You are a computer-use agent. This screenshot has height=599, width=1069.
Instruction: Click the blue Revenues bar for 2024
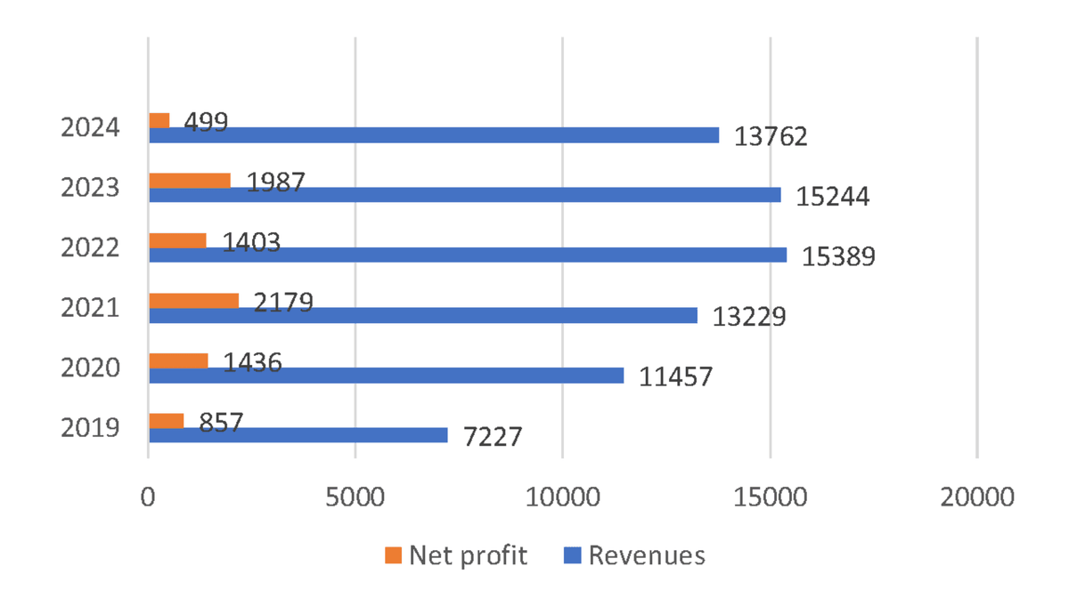[x=434, y=135]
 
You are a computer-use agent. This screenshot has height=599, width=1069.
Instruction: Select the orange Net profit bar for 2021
[x=193, y=301]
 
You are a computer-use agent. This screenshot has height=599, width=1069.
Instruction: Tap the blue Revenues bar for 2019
[x=298, y=435]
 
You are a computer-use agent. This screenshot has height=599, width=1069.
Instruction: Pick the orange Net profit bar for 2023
[x=189, y=181]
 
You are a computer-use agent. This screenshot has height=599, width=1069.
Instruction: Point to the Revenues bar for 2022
[x=468, y=255]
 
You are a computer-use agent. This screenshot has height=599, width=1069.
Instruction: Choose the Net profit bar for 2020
[x=178, y=360]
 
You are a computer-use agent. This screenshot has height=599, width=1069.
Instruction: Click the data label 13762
[x=771, y=136]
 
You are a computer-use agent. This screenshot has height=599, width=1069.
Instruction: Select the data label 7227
[x=493, y=438]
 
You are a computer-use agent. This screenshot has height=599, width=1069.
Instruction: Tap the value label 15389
[x=839, y=256]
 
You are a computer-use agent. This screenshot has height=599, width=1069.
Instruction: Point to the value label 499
[x=206, y=122]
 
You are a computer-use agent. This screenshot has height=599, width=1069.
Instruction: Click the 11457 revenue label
[x=676, y=377]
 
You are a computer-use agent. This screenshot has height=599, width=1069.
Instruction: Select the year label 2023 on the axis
[x=90, y=188]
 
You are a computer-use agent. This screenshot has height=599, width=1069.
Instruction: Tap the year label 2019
[x=90, y=427]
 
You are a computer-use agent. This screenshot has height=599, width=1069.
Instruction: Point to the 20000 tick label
[x=976, y=497]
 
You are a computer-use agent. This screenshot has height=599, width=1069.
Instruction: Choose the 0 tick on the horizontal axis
[x=148, y=497]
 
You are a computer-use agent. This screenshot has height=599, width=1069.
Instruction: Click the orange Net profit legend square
[x=393, y=556]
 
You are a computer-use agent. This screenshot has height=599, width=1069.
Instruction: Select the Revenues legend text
[x=647, y=556]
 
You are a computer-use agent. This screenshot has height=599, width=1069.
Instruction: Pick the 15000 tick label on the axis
[x=769, y=497]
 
